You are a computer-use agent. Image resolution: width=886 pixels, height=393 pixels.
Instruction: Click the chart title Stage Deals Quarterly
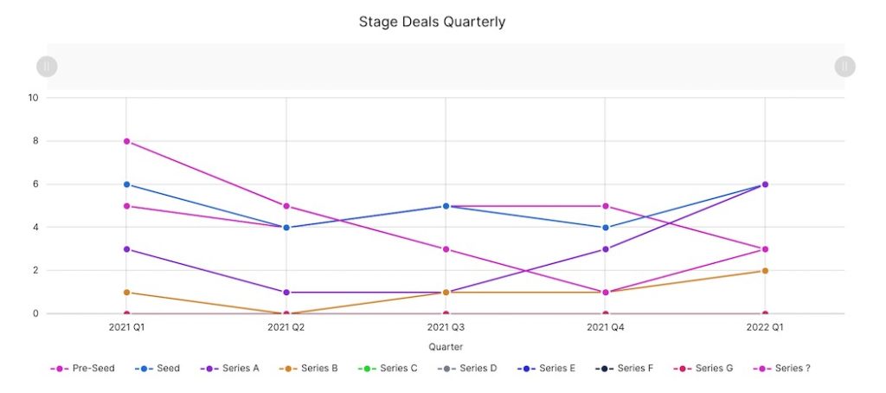click(432, 22)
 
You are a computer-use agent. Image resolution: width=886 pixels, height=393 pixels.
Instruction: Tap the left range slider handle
click(47, 66)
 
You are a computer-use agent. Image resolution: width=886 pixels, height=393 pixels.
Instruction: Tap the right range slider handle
click(844, 66)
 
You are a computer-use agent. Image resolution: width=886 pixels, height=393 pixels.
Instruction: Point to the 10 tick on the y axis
click(34, 98)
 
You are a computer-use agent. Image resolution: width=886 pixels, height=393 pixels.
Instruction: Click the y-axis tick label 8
click(35, 141)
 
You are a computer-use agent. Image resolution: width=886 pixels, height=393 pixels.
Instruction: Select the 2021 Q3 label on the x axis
click(446, 329)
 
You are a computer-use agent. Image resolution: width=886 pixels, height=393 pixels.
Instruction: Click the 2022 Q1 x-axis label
click(765, 329)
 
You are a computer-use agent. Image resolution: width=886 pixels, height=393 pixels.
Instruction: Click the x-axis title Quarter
click(446, 346)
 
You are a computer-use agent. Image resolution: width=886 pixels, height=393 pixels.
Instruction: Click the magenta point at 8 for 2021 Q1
click(126, 141)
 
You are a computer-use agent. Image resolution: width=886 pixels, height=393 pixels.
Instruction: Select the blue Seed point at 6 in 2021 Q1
click(126, 184)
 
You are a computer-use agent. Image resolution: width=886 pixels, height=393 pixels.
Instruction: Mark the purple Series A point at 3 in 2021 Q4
click(606, 249)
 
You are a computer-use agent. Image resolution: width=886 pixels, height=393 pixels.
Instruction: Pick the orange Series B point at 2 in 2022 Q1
click(765, 271)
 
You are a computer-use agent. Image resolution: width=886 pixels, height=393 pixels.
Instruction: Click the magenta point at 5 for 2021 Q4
click(606, 206)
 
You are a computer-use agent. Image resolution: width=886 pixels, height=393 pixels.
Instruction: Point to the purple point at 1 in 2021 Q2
click(286, 293)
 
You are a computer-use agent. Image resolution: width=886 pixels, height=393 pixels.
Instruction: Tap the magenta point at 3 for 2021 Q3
click(446, 249)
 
